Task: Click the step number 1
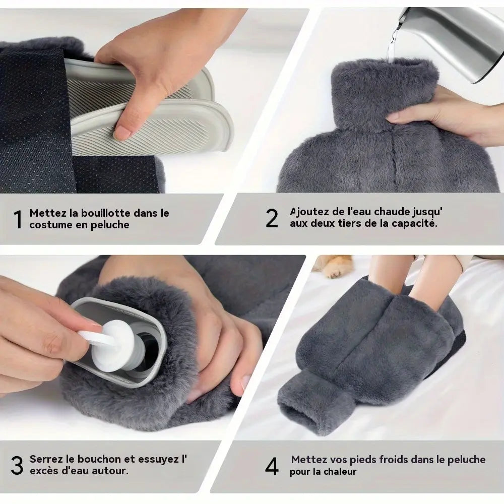point(18,220)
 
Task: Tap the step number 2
point(272,219)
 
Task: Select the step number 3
point(17,466)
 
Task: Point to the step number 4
point(272,466)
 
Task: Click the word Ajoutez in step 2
point(309,212)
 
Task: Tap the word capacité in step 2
point(415,223)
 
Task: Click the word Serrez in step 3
point(46,459)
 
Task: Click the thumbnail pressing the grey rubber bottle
point(122,134)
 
